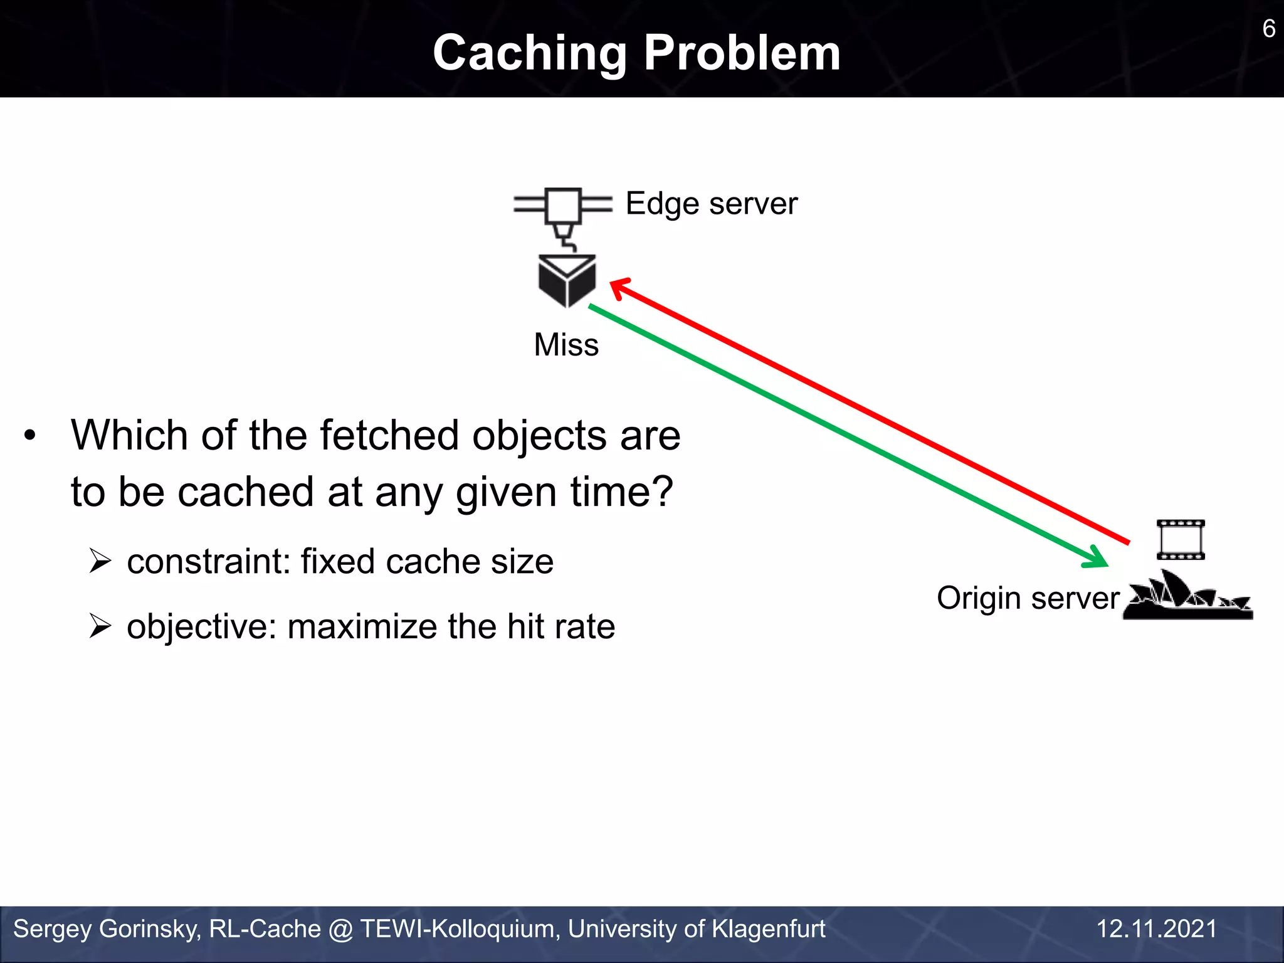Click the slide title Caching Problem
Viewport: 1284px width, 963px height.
[636, 53]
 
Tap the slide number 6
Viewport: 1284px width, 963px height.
[1268, 29]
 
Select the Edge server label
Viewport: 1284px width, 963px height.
[711, 204]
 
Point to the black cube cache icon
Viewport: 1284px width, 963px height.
[567, 280]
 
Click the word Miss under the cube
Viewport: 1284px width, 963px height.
[566, 344]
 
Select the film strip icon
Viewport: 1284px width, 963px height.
[1181, 539]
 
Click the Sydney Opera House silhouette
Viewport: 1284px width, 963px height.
[1187, 597]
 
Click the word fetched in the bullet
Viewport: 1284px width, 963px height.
[389, 435]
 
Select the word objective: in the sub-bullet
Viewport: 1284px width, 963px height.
[201, 626]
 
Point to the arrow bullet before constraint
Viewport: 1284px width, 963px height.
[100, 560]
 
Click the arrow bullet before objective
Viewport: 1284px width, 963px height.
[100, 626]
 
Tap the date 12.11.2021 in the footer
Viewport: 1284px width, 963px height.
[1156, 929]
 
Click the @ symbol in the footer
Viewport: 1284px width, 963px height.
[340, 929]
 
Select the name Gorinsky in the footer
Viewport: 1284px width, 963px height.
[150, 929]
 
